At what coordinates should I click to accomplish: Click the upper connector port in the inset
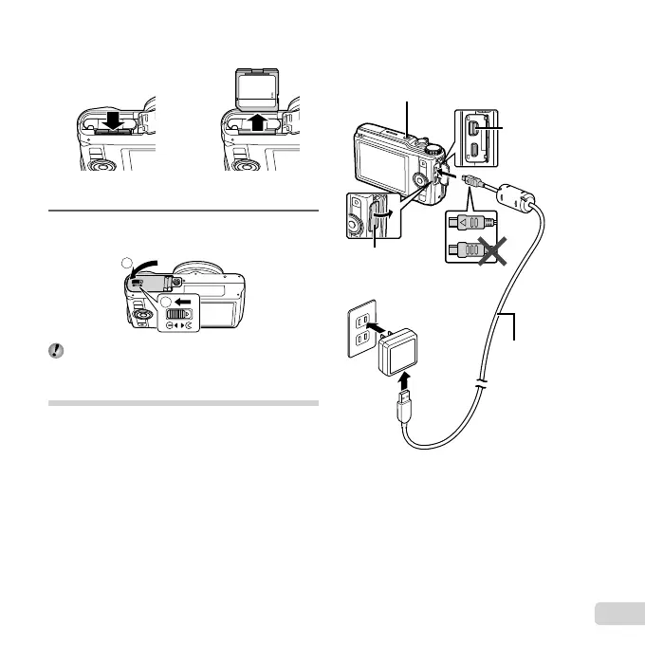point(474,127)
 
